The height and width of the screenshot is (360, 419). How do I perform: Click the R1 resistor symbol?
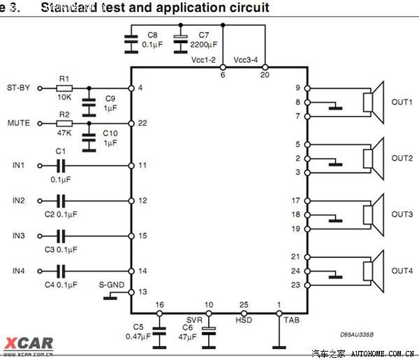(64, 89)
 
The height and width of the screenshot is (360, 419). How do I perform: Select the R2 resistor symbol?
(64, 123)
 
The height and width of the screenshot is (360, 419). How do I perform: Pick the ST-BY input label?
(18, 89)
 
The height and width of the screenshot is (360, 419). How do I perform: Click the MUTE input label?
(18, 123)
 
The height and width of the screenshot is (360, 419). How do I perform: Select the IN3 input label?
(18, 236)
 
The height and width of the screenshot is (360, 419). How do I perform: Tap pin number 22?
(142, 123)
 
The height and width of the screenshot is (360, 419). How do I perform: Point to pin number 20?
(264, 74)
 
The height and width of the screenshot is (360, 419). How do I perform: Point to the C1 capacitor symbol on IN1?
(61, 165)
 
